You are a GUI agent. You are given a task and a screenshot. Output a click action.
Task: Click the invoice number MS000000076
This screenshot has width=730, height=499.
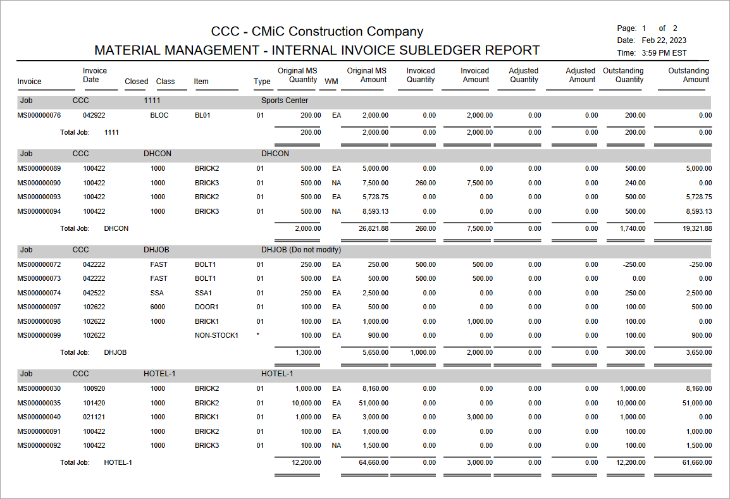[39, 116]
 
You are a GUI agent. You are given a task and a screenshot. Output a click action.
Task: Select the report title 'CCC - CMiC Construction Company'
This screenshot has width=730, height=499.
[317, 32]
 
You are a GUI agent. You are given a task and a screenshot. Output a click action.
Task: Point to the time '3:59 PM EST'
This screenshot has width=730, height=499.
[664, 53]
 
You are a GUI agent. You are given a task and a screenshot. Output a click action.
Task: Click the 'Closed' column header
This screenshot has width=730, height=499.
[136, 82]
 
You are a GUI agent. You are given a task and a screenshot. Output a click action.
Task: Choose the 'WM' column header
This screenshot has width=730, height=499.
[331, 82]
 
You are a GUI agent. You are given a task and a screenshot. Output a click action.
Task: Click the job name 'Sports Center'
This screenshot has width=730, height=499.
[285, 101]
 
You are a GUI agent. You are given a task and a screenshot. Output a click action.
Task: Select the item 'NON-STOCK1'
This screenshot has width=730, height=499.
[216, 336]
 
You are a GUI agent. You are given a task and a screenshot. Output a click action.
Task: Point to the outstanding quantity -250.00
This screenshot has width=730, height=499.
[632, 264]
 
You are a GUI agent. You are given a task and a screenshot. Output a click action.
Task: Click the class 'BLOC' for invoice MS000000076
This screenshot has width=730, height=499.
[159, 116]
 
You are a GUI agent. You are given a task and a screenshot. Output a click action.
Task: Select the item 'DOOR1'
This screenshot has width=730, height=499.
[207, 307]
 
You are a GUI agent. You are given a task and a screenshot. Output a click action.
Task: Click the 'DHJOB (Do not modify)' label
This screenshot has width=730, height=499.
[301, 250]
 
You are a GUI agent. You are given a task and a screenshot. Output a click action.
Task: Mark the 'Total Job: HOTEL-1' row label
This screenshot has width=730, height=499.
[96, 463]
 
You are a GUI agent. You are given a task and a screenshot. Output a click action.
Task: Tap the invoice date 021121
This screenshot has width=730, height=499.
[94, 417]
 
